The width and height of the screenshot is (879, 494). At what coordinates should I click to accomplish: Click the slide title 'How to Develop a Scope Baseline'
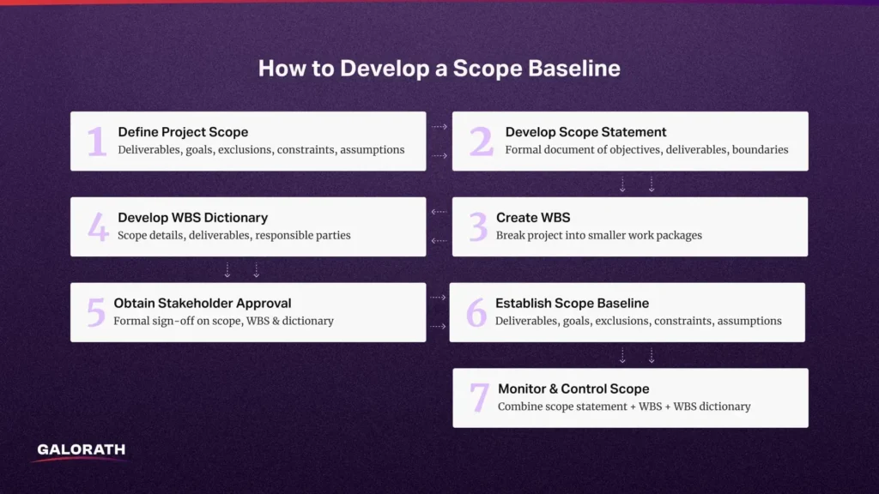pos(439,69)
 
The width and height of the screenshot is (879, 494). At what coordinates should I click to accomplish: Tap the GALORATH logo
pos(82,449)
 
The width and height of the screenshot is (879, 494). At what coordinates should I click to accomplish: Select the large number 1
pos(97,142)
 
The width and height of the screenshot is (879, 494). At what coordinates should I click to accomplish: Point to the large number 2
pos(481,142)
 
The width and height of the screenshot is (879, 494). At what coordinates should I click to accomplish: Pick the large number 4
pos(98,227)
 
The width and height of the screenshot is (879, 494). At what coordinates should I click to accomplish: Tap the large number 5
pos(95,313)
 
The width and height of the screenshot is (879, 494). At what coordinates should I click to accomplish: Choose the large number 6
pos(476,313)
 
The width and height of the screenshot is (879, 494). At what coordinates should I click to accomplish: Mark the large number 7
pos(479,399)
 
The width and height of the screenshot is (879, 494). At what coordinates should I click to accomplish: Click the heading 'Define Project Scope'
pos(183,132)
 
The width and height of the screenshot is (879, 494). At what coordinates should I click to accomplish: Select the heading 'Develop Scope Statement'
pos(585,132)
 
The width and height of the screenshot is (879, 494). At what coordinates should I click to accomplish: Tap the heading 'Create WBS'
pos(533,218)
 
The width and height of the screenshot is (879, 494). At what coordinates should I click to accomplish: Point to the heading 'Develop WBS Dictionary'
pos(192,218)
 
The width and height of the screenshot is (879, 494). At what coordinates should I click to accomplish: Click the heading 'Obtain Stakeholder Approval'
pos(203,303)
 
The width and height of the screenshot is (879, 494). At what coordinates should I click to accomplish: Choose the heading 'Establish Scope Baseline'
pos(572,303)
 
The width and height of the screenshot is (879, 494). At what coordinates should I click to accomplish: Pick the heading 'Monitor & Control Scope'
pos(573,389)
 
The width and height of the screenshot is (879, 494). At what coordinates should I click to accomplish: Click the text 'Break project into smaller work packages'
pos(598,235)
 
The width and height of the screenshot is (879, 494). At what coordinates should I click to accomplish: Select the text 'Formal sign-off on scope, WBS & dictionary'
pos(223,321)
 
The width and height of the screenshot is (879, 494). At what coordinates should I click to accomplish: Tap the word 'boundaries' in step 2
pos(759,149)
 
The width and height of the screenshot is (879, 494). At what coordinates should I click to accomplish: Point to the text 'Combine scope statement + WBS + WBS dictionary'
pos(624,407)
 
